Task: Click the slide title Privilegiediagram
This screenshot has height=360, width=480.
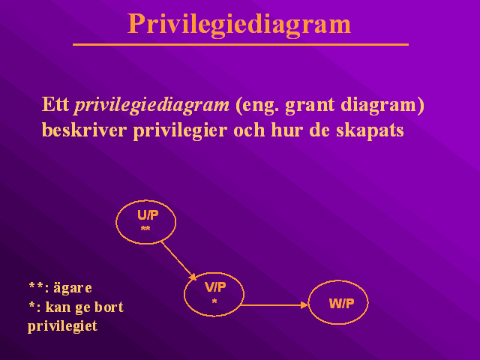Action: (x=239, y=25)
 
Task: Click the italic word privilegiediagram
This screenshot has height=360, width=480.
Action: (x=151, y=106)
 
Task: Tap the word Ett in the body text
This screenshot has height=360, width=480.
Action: (x=55, y=104)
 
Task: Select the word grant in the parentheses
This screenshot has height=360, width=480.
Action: (x=310, y=106)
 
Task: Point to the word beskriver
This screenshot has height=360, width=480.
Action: (x=84, y=130)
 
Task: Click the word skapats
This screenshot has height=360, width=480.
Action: (x=370, y=131)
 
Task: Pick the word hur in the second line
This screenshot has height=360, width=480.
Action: (x=287, y=130)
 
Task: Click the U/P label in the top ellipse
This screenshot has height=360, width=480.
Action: (x=148, y=215)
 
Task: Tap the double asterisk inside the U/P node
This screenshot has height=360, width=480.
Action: (x=145, y=228)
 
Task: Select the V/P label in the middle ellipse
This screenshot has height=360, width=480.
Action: (x=215, y=287)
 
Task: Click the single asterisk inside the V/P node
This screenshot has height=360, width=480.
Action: (x=214, y=301)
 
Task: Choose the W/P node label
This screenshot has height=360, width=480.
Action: (x=341, y=303)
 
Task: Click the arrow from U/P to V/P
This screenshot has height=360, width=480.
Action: (x=178, y=261)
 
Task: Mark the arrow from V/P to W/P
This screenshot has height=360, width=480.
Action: (x=274, y=305)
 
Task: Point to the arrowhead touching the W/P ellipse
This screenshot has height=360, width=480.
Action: (x=304, y=305)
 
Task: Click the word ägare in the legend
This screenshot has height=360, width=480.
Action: (x=73, y=288)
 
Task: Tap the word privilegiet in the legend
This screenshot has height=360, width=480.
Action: (x=62, y=326)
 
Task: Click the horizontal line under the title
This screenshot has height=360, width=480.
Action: (x=241, y=45)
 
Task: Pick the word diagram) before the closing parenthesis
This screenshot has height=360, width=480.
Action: (x=382, y=106)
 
